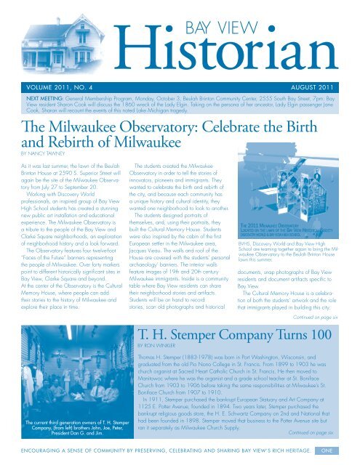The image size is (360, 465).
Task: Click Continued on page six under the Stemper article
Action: [319, 432]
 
